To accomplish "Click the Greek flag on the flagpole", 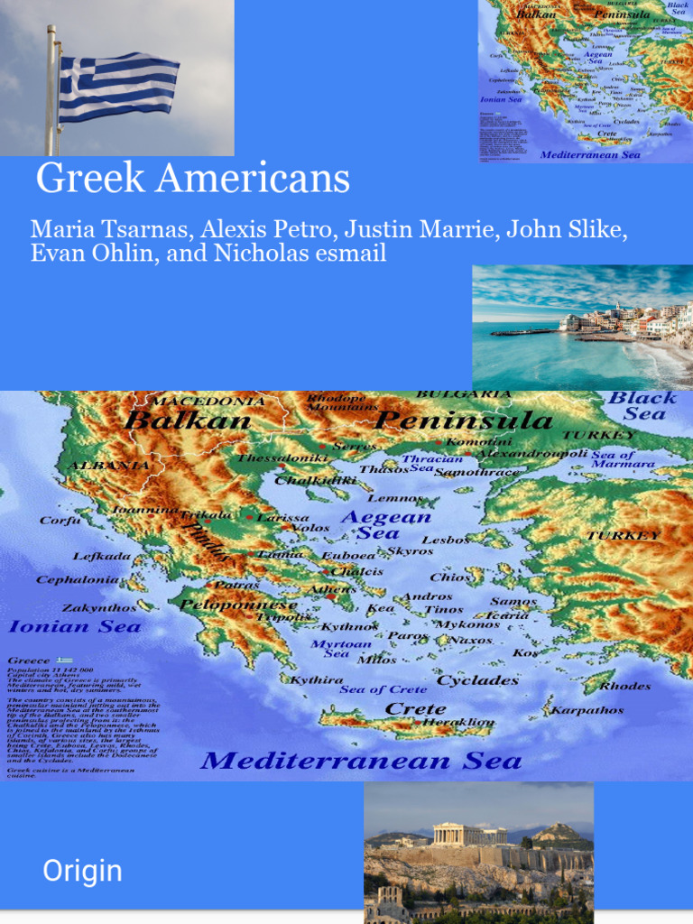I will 118,87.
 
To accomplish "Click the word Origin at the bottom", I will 82,871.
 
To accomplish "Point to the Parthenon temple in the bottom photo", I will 469,834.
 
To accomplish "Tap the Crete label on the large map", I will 415,708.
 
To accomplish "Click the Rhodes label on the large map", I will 624,686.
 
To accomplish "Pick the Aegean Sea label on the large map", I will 385,524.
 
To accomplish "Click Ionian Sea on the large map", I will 75,626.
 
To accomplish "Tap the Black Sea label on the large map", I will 643,406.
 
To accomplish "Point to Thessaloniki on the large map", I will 282,458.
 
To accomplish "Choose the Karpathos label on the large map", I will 587,710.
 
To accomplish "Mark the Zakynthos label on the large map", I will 99,608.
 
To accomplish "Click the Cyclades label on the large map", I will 477,680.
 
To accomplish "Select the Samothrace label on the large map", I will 476,472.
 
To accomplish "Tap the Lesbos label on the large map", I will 446,540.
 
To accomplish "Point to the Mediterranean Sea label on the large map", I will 361,761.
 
